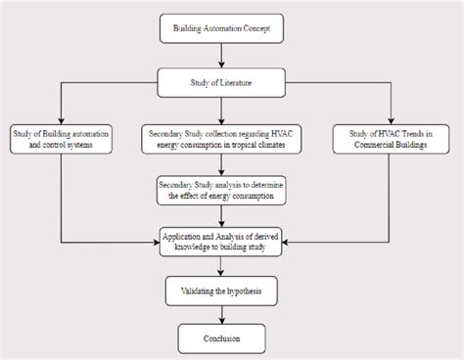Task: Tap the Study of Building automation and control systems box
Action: point(62,139)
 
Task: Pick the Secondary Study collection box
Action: point(224,139)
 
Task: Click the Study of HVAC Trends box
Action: point(392,139)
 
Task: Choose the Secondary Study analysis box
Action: point(224,189)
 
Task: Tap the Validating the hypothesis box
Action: point(224,292)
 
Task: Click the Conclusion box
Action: point(224,338)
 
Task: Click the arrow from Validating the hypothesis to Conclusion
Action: point(224,315)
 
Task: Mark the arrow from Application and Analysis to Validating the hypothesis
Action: point(224,266)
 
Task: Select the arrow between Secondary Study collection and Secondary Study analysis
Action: point(224,164)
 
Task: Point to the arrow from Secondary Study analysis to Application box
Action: point(224,214)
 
